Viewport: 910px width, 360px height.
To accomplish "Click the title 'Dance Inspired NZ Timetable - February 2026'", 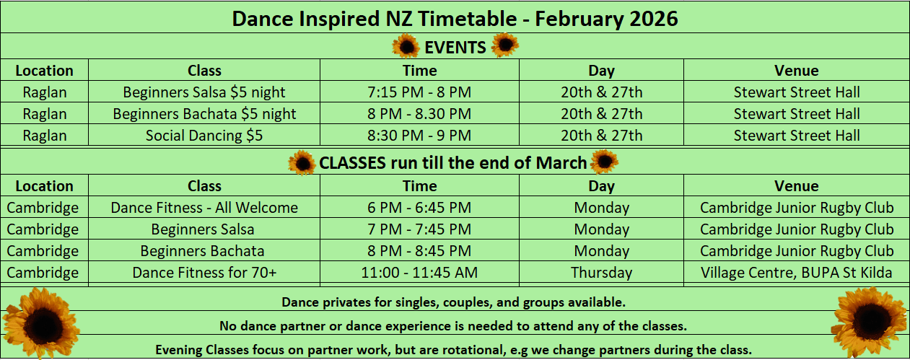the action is pos(455,19).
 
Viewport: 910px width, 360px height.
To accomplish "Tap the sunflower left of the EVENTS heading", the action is pos(406,46).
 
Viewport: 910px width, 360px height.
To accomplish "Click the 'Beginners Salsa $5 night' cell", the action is pos(204,92).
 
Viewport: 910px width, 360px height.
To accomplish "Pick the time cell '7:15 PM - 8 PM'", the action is pos(419,92).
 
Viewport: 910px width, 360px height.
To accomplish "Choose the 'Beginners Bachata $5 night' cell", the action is pos(204,114).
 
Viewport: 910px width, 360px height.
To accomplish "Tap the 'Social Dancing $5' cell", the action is pos(204,136).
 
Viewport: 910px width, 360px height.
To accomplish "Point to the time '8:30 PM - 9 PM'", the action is pos(419,136).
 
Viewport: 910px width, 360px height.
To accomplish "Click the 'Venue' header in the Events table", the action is pos(796,71).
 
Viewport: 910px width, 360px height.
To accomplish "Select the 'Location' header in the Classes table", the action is pos(44,186).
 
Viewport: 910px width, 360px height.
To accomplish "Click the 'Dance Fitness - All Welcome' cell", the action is pos(204,208).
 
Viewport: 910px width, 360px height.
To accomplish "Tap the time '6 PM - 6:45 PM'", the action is pos(419,208).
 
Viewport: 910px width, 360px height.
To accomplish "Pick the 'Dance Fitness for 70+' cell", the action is pos(204,272).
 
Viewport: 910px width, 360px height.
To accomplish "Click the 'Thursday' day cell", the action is pos(602,272).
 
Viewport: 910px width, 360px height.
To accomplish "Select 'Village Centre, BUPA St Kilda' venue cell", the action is pos(796,272).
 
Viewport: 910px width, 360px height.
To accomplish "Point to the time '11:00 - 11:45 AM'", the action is pos(419,272).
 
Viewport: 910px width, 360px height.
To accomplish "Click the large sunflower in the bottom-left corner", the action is pos(40,323).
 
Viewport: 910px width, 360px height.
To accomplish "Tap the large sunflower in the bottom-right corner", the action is pos(870,322).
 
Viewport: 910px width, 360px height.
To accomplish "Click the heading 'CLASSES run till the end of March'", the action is pos(452,163).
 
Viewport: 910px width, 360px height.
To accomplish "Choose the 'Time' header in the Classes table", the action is pos(420,186).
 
